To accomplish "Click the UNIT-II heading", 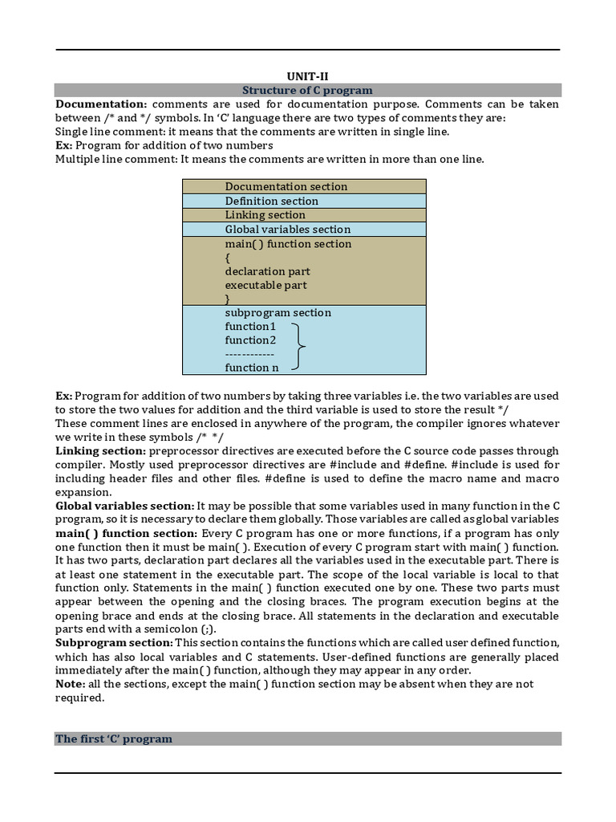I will (x=307, y=76).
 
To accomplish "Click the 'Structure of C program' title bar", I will (x=307, y=90).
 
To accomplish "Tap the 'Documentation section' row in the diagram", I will (x=286, y=186).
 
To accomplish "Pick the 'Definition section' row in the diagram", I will (x=271, y=201).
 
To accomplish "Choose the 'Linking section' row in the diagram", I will (x=265, y=214).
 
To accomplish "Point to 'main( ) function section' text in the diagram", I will (x=288, y=243).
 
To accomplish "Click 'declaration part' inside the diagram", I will (x=267, y=271).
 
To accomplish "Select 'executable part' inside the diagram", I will (x=265, y=285).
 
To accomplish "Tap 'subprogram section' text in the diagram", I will (x=278, y=312).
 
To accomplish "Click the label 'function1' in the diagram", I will (x=250, y=326).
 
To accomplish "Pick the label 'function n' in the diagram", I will (x=252, y=367).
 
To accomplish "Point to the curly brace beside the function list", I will (x=298, y=347).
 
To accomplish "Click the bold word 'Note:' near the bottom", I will (x=70, y=684).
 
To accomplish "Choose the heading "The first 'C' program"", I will (x=114, y=739).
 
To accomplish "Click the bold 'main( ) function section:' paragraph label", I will (x=126, y=533).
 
